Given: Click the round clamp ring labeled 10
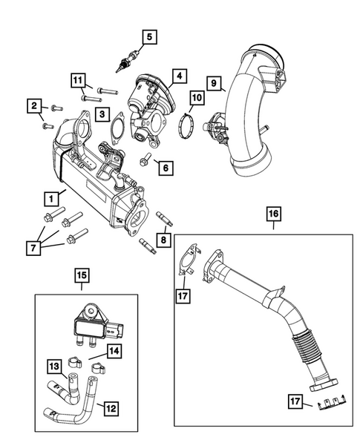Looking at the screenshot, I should pyautogui.click(x=190, y=124).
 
